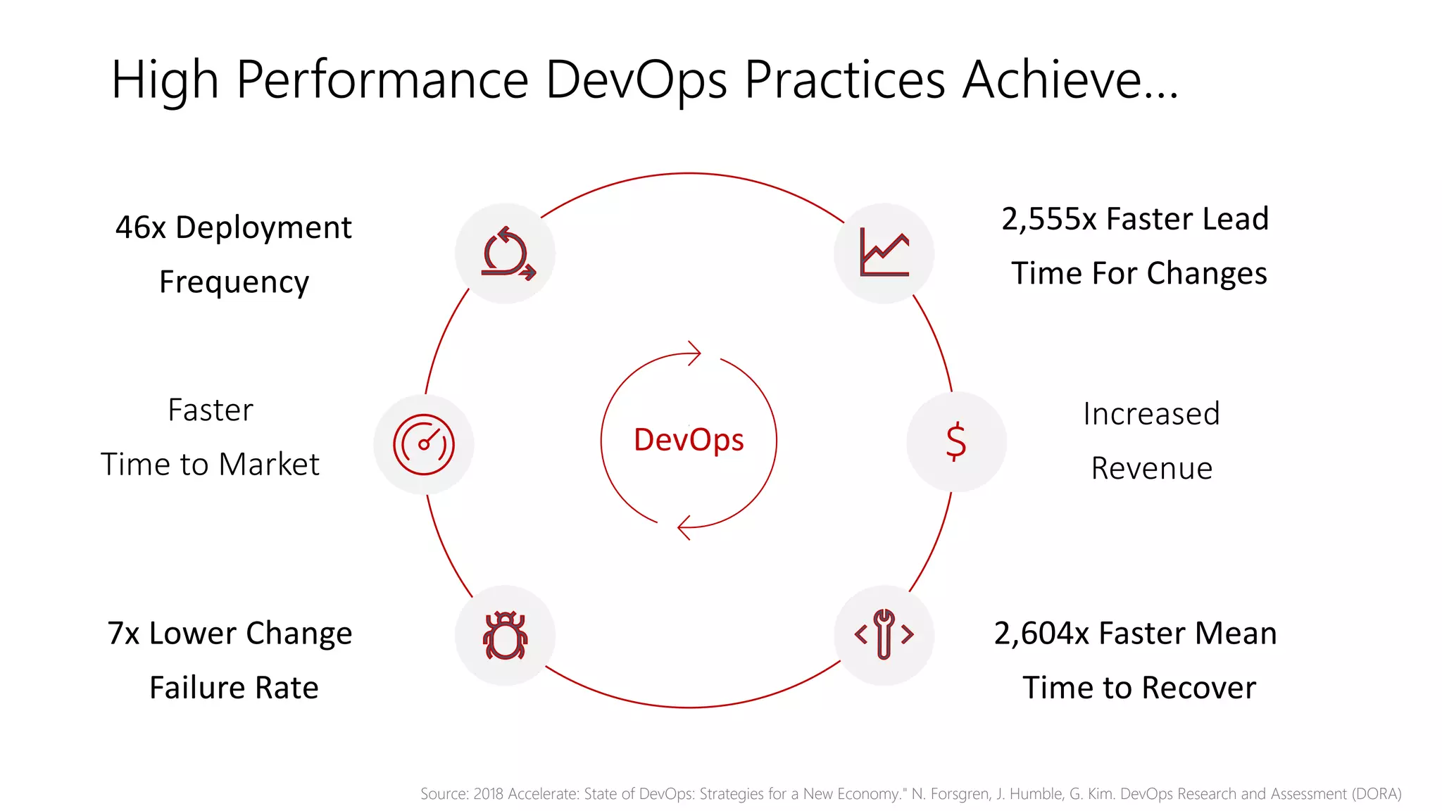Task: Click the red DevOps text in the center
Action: click(689, 441)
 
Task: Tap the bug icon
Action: click(505, 635)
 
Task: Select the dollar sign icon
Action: click(955, 441)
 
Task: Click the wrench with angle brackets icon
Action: click(884, 634)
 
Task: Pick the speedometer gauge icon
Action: click(423, 444)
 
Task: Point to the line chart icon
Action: click(884, 253)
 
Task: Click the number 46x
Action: click(141, 227)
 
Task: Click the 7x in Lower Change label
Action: click(123, 634)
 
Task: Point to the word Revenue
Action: click(1151, 469)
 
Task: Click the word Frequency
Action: click(234, 282)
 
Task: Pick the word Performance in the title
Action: click(382, 80)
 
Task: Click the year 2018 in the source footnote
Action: click(488, 794)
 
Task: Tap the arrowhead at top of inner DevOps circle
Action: click(694, 353)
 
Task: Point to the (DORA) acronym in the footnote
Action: click(1377, 794)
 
